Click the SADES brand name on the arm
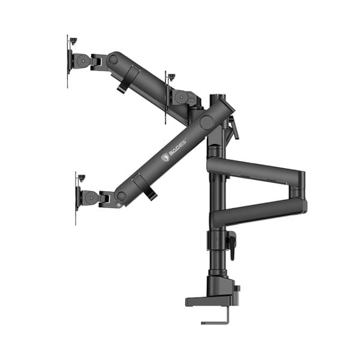pos(178,148)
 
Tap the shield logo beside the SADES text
pos(165,158)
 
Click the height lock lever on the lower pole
pos(232,246)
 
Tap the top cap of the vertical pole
pos(218,96)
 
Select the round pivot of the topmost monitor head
pos(83,61)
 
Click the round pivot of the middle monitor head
pos(181,97)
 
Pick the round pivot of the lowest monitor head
pos(91,197)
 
